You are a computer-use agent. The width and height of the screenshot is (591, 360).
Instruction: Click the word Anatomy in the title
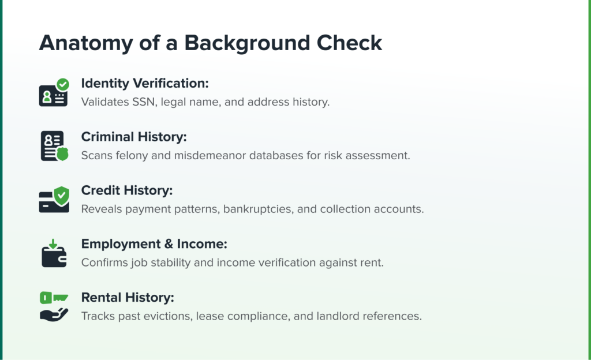pyautogui.click(x=86, y=43)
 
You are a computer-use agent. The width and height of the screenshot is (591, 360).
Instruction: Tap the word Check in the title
pyautogui.click(x=349, y=43)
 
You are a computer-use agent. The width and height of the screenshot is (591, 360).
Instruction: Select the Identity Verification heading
pyautogui.click(x=145, y=83)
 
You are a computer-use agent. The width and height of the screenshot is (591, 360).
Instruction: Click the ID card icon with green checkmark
pyautogui.click(x=54, y=92)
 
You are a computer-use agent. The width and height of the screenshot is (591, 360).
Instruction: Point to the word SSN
pyautogui.click(x=144, y=102)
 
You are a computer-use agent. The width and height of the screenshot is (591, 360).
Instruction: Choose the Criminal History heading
pyautogui.click(x=134, y=137)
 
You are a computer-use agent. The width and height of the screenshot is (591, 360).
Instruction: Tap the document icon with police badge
pyautogui.click(x=54, y=146)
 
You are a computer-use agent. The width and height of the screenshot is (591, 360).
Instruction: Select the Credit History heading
pyautogui.click(x=126, y=190)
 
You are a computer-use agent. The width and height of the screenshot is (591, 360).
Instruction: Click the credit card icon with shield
pyautogui.click(x=54, y=200)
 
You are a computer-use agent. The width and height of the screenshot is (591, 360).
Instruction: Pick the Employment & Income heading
pyautogui.click(x=154, y=244)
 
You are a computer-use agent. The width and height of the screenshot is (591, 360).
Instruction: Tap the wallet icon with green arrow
pyautogui.click(x=54, y=253)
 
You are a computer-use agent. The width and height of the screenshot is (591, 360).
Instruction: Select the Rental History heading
pyautogui.click(x=128, y=298)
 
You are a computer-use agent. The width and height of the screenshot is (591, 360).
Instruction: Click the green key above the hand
pyautogui.click(x=54, y=298)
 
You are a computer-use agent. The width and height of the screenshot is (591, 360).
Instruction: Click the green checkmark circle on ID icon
pyautogui.click(x=63, y=84)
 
